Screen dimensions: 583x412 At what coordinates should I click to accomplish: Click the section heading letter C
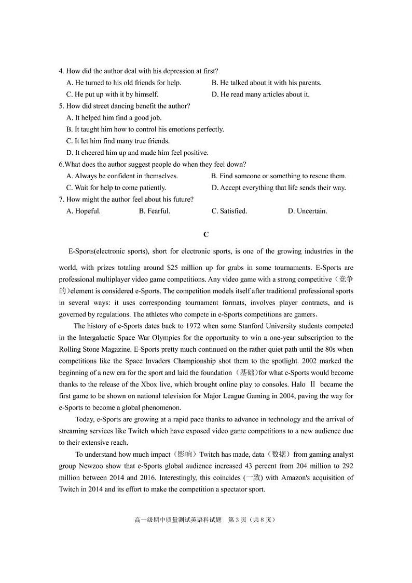coord(206,234)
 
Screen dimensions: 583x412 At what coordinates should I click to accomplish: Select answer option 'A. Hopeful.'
coord(84,211)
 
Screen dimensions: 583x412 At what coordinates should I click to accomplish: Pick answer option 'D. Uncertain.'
coord(307,211)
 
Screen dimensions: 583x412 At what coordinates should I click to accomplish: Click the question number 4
coord(61,71)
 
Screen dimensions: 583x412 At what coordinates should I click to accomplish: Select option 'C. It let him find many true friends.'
coord(118,141)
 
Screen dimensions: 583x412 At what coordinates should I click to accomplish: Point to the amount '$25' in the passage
coord(173,268)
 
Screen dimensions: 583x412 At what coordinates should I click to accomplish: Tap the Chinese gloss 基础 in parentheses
coord(245,373)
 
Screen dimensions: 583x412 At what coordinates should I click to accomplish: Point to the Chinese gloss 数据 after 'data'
coord(279,455)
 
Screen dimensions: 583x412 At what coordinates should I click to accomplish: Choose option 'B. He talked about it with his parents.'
coord(266,83)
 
